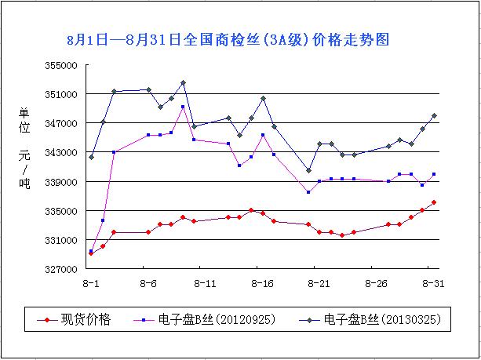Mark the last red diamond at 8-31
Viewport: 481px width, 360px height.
(434, 202)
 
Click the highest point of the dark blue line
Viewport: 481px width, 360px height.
(183, 82)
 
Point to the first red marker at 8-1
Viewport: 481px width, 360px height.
(91, 253)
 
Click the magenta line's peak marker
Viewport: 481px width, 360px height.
(183, 107)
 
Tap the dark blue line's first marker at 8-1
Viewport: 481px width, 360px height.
(91, 157)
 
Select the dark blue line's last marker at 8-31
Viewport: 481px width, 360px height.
(434, 115)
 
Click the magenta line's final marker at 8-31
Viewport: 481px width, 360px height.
(434, 174)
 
